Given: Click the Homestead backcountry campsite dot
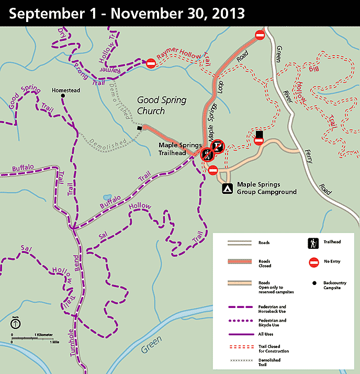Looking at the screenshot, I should tap(63, 96).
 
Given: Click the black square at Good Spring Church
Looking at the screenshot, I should tap(139, 128).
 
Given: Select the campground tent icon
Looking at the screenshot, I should tap(227, 188).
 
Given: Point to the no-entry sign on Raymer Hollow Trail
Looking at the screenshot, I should tap(151, 63).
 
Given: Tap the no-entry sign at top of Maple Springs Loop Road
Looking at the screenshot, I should tap(260, 35).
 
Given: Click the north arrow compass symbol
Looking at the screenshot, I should tap(16, 324).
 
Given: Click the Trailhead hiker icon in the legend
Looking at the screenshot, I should tap(313, 243).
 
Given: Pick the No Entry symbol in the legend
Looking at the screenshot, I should tap(313, 261).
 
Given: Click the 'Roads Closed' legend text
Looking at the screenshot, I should tap(264, 263).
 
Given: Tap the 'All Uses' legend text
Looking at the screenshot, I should tap(266, 333).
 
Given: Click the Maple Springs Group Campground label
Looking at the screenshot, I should tap(266, 188).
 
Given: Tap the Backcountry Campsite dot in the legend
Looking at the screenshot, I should tap(313, 283).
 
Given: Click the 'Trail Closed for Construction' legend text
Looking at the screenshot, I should tap(273, 348).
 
